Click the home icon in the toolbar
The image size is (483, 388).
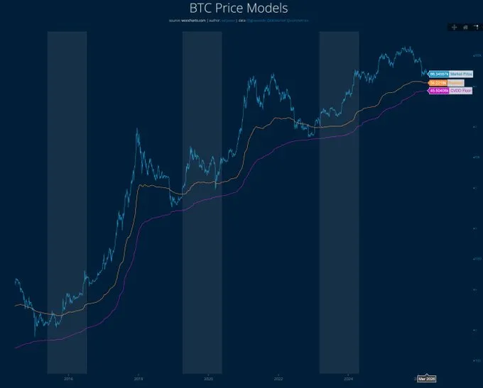465,27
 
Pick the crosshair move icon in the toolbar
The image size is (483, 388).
453,27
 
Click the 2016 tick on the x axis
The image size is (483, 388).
68,378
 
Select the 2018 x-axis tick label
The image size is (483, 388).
139,378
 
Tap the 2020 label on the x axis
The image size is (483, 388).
208,378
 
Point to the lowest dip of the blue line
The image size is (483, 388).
35,336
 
